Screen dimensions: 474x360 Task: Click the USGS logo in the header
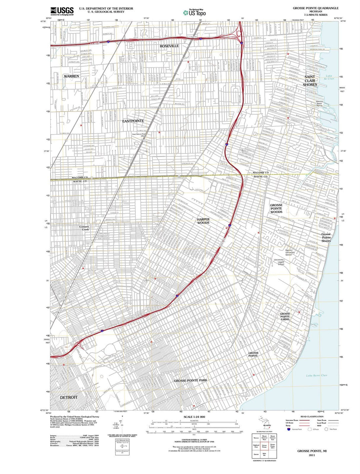point(62,11)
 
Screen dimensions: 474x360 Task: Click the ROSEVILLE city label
point(169,46)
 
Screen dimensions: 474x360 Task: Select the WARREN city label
point(71,76)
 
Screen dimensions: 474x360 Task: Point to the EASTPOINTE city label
point(133,121)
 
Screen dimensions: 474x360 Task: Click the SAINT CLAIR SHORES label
point(310,81)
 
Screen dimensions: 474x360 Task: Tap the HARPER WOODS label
point(203,221)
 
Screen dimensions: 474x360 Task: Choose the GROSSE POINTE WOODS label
point(276,209)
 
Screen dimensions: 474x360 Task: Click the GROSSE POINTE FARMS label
point(285,317)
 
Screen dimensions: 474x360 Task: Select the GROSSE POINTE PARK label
point(191,380)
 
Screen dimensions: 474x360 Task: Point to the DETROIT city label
point(69,397)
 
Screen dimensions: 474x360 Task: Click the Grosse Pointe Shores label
point(326,237)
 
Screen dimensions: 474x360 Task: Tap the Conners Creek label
point(84,228)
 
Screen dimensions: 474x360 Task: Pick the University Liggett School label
point(279,262)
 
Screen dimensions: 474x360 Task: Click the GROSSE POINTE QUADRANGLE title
point(316,8)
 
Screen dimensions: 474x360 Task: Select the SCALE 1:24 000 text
point(194,417)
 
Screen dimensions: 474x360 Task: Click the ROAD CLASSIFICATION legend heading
point(312,417)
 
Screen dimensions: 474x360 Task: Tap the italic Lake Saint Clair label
point(317,376)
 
